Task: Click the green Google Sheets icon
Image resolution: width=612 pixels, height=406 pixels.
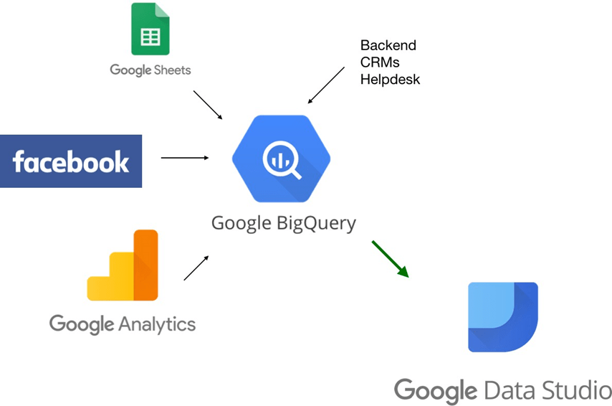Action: [150, 29]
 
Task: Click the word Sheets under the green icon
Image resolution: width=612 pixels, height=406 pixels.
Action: [171, 70]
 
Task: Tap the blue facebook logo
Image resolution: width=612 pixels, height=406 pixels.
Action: [71, 161]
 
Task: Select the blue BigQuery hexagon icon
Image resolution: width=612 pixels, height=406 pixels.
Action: [281, 159]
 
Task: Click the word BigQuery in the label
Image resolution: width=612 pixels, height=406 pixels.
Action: [316, 223]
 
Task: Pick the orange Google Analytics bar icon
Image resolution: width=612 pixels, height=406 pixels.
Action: [123, 265]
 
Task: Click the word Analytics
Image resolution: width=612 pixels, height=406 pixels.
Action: [157, 324]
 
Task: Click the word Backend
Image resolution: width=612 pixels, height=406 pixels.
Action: [388, 45]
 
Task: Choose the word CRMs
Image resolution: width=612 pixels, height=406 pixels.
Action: [379, 62]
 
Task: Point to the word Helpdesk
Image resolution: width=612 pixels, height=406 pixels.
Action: [390, 80]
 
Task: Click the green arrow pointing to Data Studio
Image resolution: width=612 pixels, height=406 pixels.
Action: [390, 259]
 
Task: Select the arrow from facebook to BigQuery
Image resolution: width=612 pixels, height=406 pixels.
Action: [184, 157]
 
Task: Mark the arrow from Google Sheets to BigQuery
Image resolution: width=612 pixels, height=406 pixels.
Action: [208, 105]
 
